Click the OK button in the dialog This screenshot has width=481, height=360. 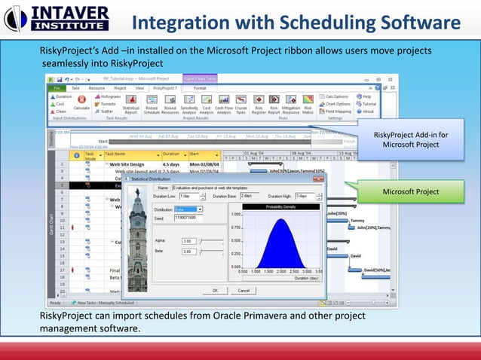[x=215, y=289]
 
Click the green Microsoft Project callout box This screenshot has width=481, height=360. [x=410, y=192]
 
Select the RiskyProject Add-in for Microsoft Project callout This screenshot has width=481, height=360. [x=410, y=139]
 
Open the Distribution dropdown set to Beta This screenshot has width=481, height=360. [x=188, y=209]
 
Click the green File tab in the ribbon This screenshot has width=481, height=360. [x=57, y=87]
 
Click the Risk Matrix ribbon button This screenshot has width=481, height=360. [x=308, y=103]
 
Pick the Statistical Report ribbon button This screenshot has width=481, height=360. [x=130, y=103]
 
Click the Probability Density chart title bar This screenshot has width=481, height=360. [x=280, y=206]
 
